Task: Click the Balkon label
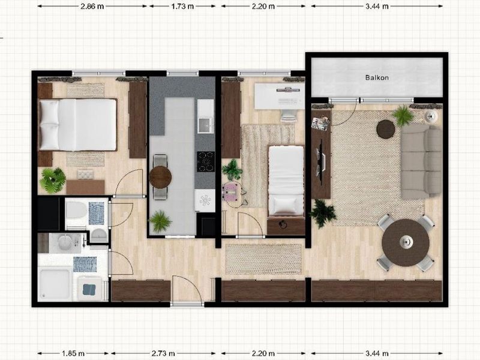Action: [377, 78]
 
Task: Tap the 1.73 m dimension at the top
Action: [182, 6]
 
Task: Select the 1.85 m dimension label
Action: [73, 353]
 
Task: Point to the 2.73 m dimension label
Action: [163, 353]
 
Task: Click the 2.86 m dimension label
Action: [92, 6]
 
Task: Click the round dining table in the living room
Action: [406, 242]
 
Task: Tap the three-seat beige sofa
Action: [421, 161]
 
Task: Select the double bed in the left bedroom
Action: [77, 125]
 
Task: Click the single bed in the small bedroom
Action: [286, 181]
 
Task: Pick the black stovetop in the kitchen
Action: [206, 161]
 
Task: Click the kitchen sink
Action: [205, 125]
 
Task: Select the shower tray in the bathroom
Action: [55, 284]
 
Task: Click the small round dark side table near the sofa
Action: [386, 129]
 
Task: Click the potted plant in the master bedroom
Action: [53, 181]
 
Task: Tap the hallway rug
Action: [263, 259]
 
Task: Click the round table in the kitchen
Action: [160, 177]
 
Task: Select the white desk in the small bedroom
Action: [279, 96]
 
